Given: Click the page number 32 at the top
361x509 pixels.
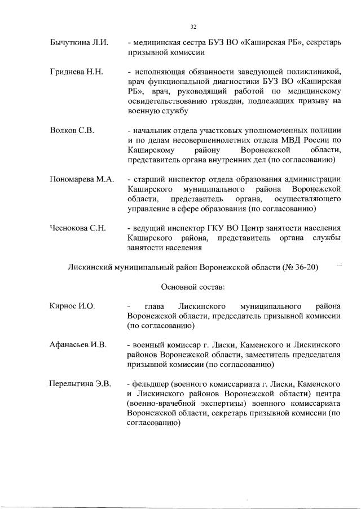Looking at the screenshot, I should [x=193, y=26].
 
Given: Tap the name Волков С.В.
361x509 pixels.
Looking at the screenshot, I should [x=71, y=130].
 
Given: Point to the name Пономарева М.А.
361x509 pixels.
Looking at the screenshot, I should [x=81, y=179].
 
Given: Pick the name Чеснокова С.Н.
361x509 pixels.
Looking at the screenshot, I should [x=77, y=228].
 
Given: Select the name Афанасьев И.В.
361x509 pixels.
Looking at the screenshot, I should [x=77, y=344].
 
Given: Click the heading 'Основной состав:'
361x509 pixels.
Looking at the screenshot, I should [x=193, y=286].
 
